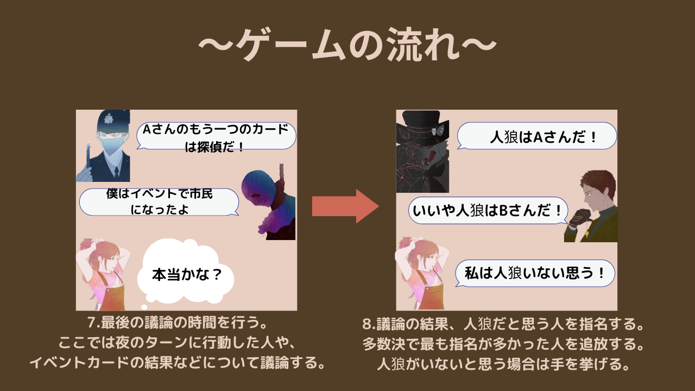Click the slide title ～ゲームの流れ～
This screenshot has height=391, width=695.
[x=347, y=45]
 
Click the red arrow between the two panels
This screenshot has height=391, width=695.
[x=345, y=206]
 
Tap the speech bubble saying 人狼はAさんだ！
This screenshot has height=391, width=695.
[x=537, y=136]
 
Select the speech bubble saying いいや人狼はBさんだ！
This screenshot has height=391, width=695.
[x=488, y=210]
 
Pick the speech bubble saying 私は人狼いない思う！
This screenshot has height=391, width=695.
[x=535, y=273]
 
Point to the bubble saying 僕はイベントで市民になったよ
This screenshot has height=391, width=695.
[x=159, y=202]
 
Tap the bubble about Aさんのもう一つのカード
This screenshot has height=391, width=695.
[x=216, y=136]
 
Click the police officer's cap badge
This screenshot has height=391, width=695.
[x=109, y=119]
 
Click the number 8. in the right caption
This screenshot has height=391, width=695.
[x=369, y=324]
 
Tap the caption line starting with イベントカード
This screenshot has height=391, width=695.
[x=177, y=363]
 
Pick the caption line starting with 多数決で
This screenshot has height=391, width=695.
[x=503, y=344]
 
